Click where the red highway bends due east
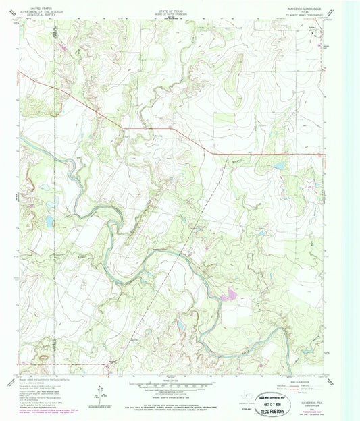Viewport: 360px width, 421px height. tap(214, 154)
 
